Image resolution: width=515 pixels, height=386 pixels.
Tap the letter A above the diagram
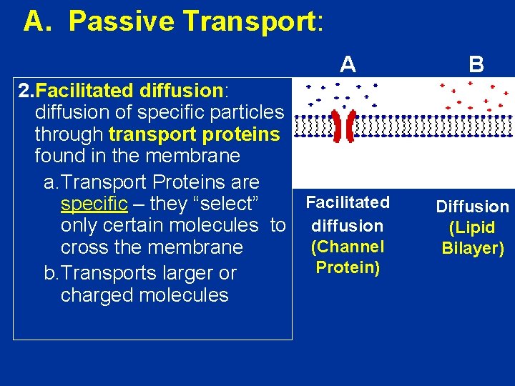[x=348, y=65]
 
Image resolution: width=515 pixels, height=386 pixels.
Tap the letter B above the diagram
[x=476, y=65]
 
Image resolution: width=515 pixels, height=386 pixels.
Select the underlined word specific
[x=94, y=204]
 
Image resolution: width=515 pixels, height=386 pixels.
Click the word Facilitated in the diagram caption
[x=348, y=202]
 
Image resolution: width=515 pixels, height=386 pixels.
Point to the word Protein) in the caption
[x=348, y=267]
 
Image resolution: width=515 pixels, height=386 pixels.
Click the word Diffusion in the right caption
[x=473, y=207]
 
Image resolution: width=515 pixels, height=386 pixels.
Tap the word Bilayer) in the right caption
[x=473, y=249]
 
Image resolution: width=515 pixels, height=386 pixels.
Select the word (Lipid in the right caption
[x=473, y=228]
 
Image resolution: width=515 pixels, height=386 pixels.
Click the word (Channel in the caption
[x=348, y=246]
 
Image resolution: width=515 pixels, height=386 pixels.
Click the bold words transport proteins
[x=194, y=134]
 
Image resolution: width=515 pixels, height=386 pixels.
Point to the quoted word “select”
[x=230, y=204]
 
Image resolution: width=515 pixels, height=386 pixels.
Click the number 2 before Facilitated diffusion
[x=24, y=91]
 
